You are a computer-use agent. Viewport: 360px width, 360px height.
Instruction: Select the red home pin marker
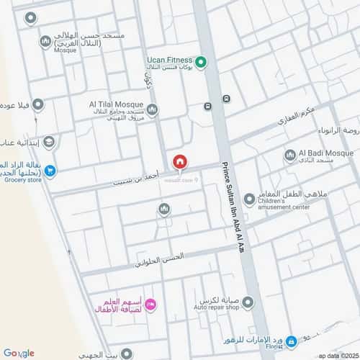click(x=180, y=161)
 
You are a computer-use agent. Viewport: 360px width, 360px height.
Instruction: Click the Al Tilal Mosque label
click(x=117, y=103)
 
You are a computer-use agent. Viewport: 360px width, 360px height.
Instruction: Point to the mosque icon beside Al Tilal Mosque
click(x=153, y=109)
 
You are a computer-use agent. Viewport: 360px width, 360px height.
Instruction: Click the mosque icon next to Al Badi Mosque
click(x=290, y=155)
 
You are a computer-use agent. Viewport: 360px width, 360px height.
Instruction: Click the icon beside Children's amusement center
click(x=249, y=199)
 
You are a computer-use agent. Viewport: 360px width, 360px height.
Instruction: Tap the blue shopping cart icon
click(x=50, y=171)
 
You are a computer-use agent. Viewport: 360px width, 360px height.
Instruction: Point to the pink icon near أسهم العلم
click(x=151, y=305)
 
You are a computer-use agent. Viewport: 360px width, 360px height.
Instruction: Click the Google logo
click(x=19, y=353)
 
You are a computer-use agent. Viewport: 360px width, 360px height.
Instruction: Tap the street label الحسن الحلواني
click(x=158, y=259)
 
